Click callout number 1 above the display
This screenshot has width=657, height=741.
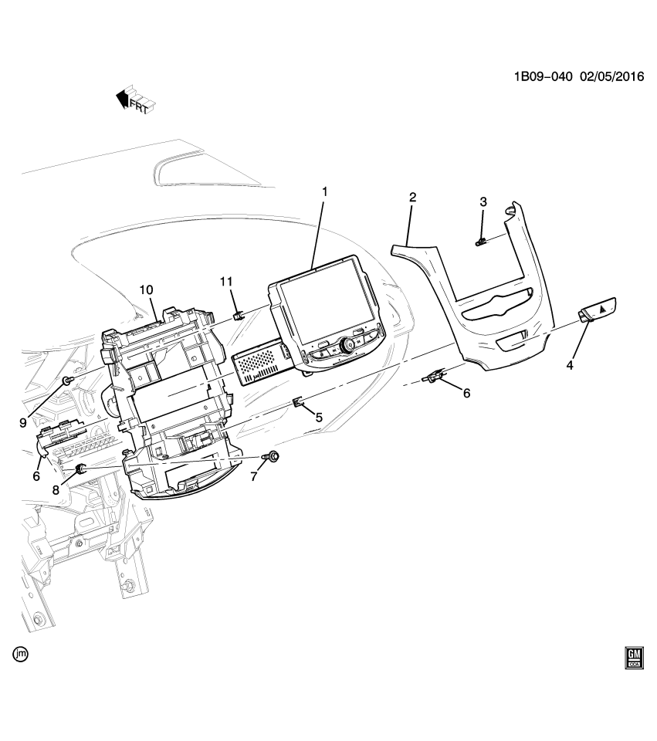click(325, 191)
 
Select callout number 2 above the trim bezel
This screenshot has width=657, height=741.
click(412, 198)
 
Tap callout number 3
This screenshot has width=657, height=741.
click(483, 202)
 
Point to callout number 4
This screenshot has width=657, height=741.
click(570, 365)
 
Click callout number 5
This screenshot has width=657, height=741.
click(318, 417)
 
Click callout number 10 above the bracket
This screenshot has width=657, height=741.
click(147, 289)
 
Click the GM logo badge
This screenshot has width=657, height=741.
click(635, 657)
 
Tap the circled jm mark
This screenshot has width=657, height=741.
click(21, 655)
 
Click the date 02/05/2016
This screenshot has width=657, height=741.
click(613, 78)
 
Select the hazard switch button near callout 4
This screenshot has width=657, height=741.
click(599, 309)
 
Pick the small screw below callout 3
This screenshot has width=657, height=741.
click(481, 242)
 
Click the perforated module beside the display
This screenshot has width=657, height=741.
click(261, 360)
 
